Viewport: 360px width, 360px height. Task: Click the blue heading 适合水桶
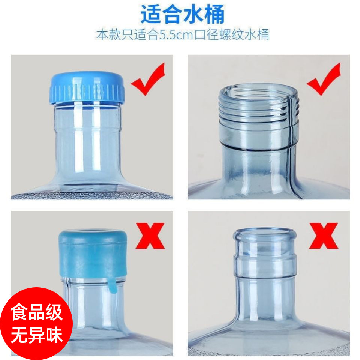click(x=183, y=14)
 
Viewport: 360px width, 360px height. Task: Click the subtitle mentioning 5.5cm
click(x=183, y=34)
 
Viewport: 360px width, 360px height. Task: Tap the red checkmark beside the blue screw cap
click(x=148, y=79)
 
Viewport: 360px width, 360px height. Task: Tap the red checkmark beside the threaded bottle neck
click(x=324, y=79)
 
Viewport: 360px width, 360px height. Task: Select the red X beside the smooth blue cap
click(x=150, y=236)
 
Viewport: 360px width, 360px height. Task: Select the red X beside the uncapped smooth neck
click(x=324, y=236)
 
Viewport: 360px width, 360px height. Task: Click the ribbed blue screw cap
click(x=87, y=87)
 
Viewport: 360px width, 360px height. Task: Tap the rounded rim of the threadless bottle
click(x=264, y=234)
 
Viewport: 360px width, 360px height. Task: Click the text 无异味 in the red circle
click(x=37, y=335)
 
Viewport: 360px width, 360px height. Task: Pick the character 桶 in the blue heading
click(x=214, y=14)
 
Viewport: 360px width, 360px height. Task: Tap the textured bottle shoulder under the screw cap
click(x=92, y=196)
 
